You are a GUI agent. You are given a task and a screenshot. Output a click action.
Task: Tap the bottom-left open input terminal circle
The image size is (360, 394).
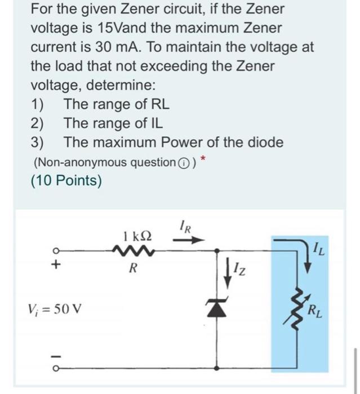[56, 369]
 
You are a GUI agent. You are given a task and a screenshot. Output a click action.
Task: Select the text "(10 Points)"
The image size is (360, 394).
[67, 181]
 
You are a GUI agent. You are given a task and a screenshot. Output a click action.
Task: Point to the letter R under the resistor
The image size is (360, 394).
[132, 268]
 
